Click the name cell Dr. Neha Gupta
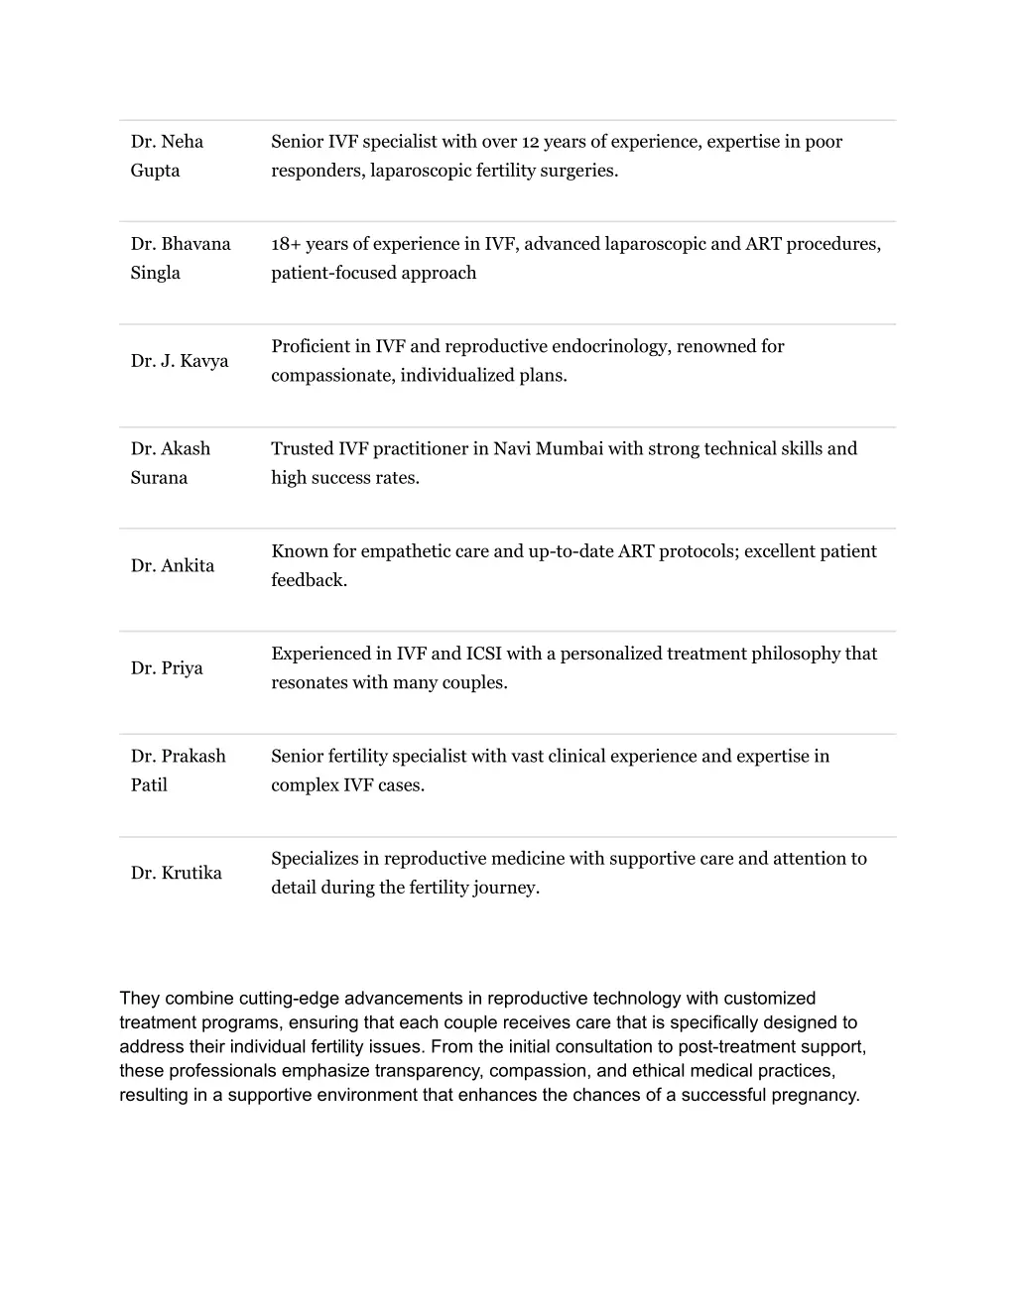pyautogui.click(x=167, y=156)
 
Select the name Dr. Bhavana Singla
pyautogui.click(x=180, y=258)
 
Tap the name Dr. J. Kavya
pyautogui.click(x=180, y=361)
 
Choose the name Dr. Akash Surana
pyautogui.click(x=170, y=463)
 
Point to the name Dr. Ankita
pyautogui.click(x=173, y=566)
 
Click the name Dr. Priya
pyautogui.click(x=167, y=668)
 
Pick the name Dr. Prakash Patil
pyautogui.click(x=178, y=771)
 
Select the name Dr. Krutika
pyautogui.click(x=177, y=874)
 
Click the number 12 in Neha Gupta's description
pyautogui.click(x=532, y=142)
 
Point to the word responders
pyautogui.click(x=317, y=171)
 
